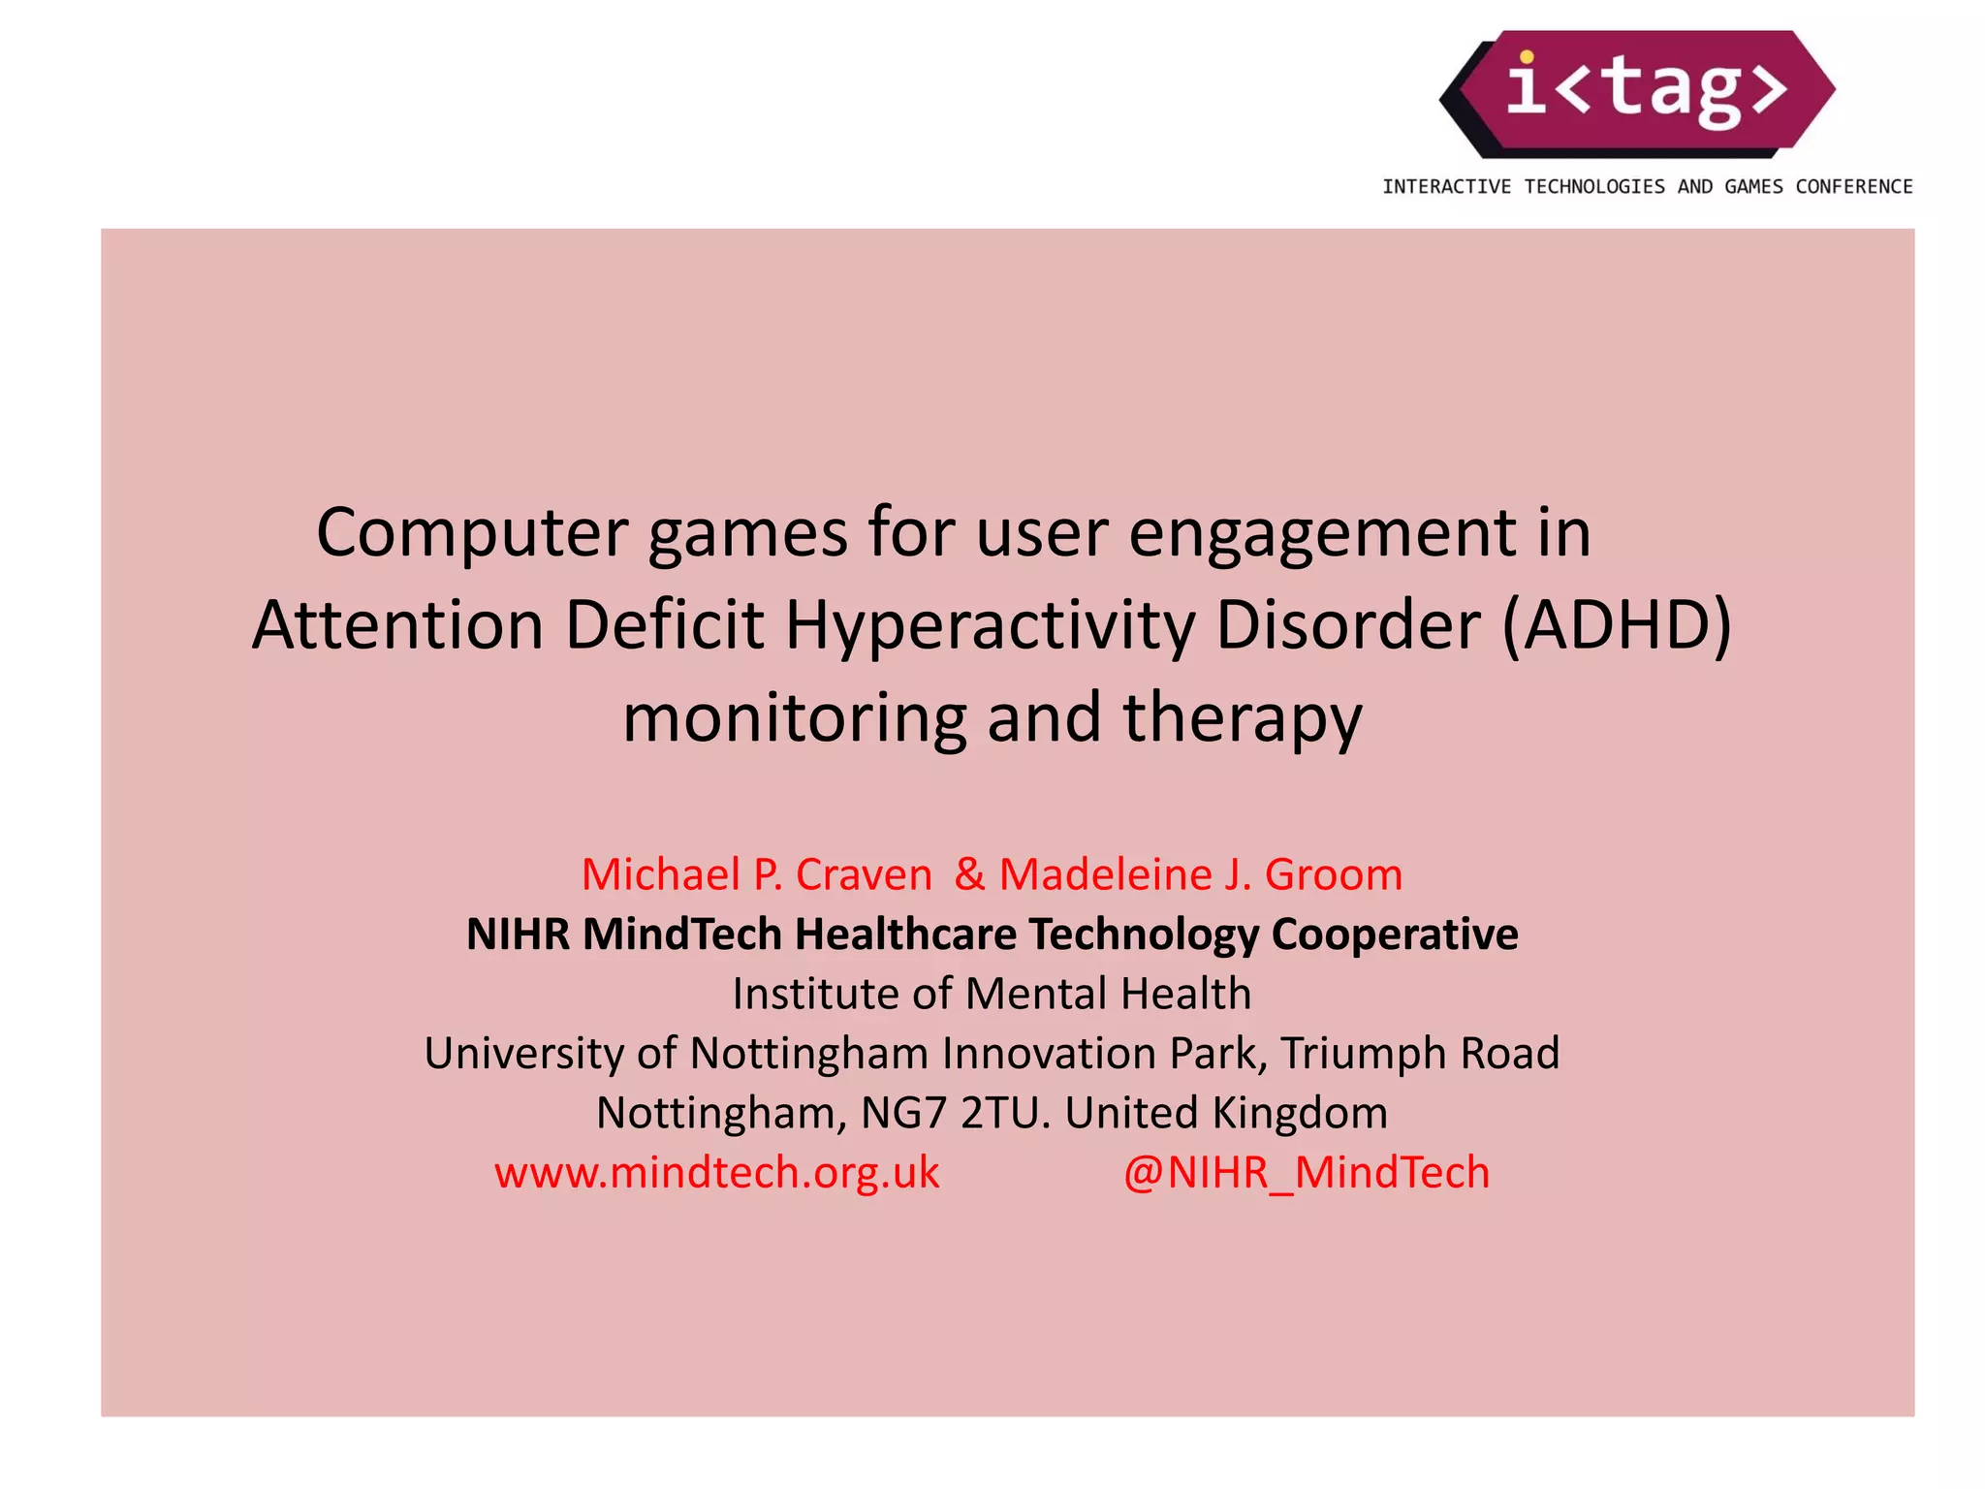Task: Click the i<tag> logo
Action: point(1638,93)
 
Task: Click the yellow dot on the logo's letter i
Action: point(1527,57)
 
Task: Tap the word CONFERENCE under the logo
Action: point(1853,187)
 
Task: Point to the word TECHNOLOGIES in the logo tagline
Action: point(1594,187)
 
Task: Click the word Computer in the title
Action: point(472,533)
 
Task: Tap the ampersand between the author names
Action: point(969,874)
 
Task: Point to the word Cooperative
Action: point(1394,935)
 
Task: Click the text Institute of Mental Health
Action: point(992,994)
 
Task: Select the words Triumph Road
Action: point(1420,1054)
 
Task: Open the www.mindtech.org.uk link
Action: point(716,1173)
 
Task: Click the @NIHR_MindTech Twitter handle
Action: point(1306,1173)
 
